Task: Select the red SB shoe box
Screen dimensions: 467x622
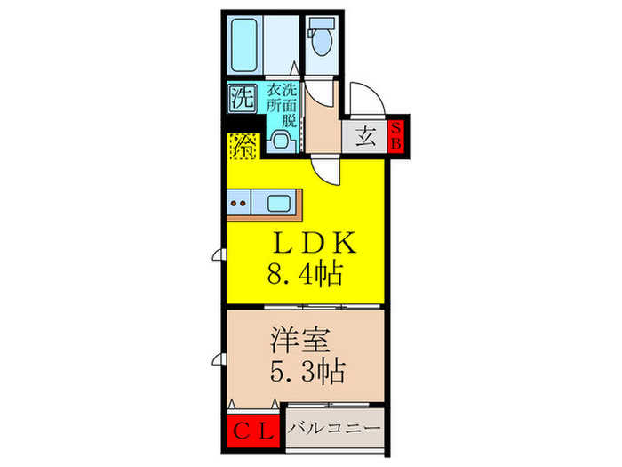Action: [x=396, y=136]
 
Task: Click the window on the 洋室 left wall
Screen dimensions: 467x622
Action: [x=219, y=359]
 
